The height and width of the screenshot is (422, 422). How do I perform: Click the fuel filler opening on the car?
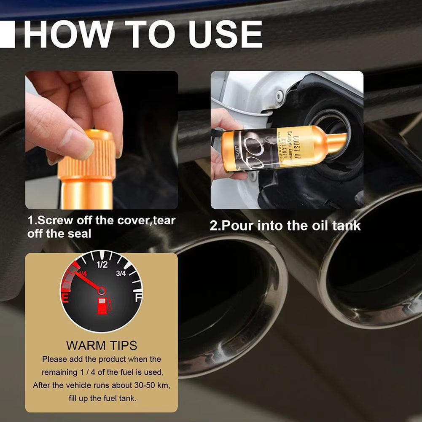333,126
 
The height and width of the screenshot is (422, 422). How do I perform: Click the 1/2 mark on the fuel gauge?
102,265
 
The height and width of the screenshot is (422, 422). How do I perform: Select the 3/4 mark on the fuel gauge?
121,274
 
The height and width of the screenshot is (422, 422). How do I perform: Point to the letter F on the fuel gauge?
137,298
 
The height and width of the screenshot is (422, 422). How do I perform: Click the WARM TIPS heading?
102,345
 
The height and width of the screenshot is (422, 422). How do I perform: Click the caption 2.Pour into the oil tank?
285,225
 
